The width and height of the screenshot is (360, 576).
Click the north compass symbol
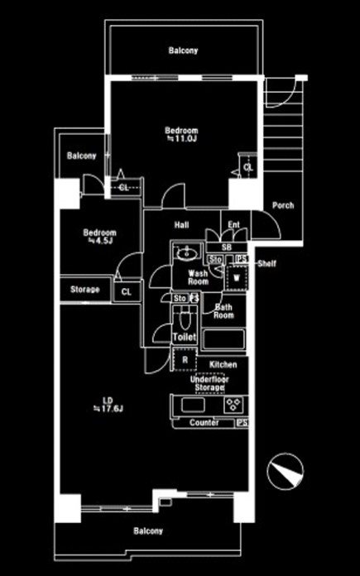[x=285, y=471]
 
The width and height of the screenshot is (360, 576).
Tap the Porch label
[x=283, y=205]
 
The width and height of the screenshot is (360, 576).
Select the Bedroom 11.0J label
[x=181, y=134]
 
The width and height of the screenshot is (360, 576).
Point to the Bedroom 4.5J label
[x=99, y=237]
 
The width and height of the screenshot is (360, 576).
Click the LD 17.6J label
[x=108, y=405]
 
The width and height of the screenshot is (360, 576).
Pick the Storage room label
[x=85, y=290]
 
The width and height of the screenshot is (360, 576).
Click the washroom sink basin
[x=187, y=252]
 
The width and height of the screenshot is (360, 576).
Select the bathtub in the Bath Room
[x=223, y=339]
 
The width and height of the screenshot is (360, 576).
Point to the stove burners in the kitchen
[x=233, y=405]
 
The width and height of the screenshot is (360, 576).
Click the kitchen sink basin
[x=193, y=405]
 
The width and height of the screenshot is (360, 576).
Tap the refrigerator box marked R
[x=185, y=360]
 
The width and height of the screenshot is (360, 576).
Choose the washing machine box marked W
[x=237, y=277]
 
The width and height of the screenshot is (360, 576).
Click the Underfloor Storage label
[x=209, y=383]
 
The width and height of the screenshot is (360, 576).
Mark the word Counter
[x=204, y=423]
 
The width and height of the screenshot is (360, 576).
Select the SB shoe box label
[x=227, y=248]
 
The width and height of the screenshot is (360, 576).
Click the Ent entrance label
[x=233, y=224]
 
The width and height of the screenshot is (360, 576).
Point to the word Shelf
[x=266, y=263]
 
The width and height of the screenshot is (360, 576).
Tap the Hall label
[x=181, y=224]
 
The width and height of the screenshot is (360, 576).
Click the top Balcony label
[x=183, y=50]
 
